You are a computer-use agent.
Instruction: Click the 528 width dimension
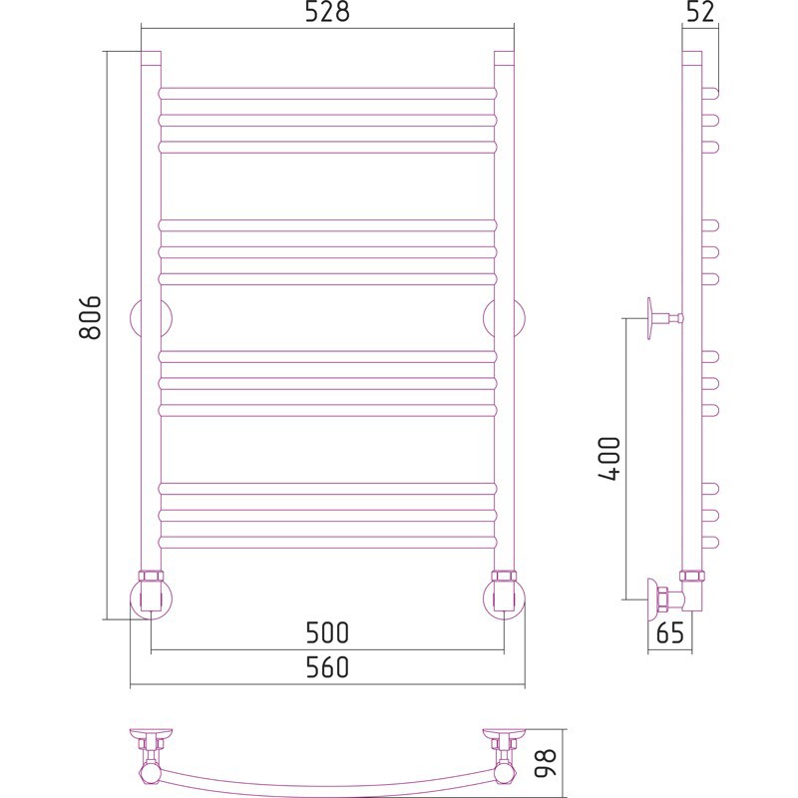(327, 12)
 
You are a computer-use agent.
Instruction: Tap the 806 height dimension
(91, 317)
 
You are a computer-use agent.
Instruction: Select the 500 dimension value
(327, 632)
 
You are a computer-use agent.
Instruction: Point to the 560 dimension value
(327, 666)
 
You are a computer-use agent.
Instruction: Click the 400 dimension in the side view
(609, 458)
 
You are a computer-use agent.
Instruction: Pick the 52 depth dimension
(700, 12)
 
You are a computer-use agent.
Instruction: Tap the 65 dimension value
(670, 633)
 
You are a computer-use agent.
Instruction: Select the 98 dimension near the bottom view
(545, 762)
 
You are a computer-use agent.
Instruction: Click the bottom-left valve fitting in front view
(151, 595)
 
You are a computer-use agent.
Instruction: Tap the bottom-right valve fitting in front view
(504, 595)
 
